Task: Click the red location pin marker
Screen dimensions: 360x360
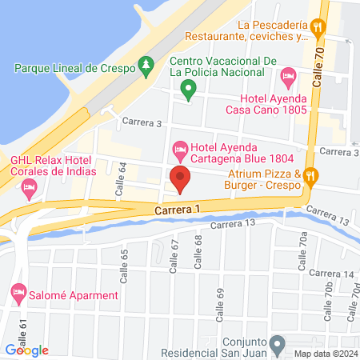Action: [x=180, y=180]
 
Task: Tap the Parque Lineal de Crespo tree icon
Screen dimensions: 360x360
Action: [x=146, y=66]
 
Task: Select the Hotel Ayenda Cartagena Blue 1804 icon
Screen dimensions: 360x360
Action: [x=181, y=148]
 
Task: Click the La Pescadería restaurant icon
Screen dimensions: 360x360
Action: [x=318, y=26]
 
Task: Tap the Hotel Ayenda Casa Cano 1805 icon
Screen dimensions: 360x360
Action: [x=289, y=78]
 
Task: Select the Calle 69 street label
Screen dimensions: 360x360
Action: [x=220, y=302]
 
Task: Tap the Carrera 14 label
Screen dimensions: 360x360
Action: [x=338, y=274]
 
